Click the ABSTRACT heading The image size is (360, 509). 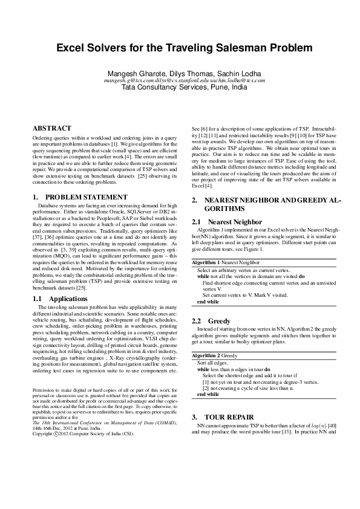(x=51, y=128)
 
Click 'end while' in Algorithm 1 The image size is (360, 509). (x=209, y=301)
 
